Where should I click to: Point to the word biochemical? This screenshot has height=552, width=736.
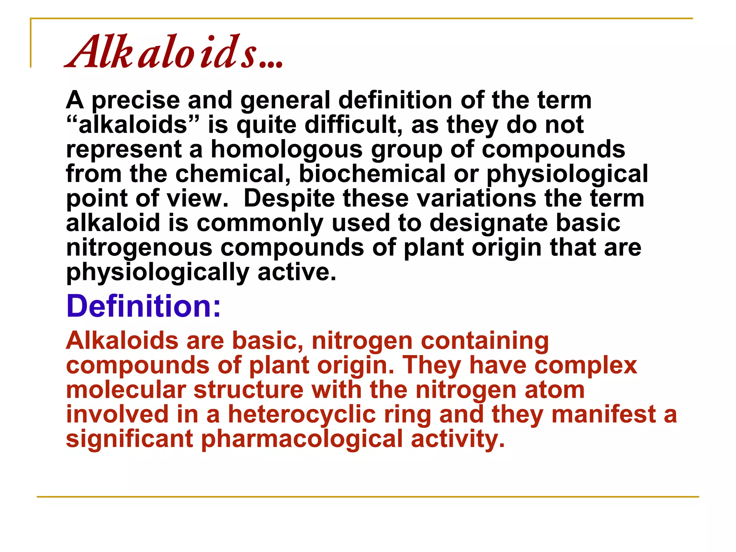pyautogui.click(x=372, y=174)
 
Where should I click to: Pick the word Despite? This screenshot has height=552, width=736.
pyautogui.click(x=289, y=199)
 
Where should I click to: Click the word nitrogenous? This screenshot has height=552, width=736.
pyautogui.click(x=139, y=248)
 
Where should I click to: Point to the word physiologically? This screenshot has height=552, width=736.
pyautogui.click(x=158, y=273)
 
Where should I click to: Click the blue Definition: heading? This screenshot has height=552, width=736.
pyautogui.click(x=143, y=306)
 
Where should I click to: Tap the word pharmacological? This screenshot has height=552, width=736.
pyautogui.click(x=302, y=440)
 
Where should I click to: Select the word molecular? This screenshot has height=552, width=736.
pyautogui.click(x=126, y=390)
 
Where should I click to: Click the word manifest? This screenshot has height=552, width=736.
pyautogui.click(x=603, y=414)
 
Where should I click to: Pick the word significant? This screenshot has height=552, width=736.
pyautogui.click(x=129, y=439)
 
